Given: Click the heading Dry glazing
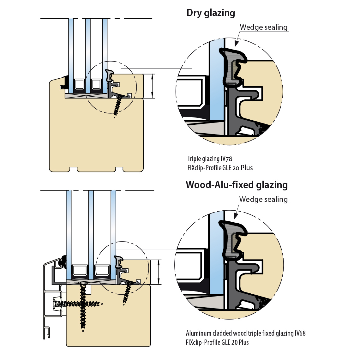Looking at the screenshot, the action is click(x=211, y=13).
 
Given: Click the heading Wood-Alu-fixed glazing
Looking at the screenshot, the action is click(x=237, y=185).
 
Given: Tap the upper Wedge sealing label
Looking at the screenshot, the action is click(x=264, y=27).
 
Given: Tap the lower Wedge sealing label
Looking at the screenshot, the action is click(x=263, y=199).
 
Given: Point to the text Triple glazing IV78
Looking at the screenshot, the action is click(x=210, y=159).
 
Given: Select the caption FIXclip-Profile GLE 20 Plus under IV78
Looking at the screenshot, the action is click(x=220, y=168).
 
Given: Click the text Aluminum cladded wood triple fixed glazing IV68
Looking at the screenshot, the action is click(x=246, y=333).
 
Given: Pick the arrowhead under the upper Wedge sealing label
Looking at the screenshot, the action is click(x=237, y=44).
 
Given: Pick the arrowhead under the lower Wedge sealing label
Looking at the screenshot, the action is click(x=236, y=216).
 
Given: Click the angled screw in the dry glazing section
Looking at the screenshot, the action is click(x=118, y=105).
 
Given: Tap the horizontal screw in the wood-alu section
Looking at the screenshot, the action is click(x=78, y=304).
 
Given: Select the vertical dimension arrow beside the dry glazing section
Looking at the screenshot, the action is click(x=152, y=86).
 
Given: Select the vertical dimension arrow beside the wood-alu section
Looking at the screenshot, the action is click(x=159, y=272).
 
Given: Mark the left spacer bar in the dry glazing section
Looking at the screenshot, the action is click(x=79, y=84).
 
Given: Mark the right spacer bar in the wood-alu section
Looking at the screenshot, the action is click(x=102, y=271).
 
